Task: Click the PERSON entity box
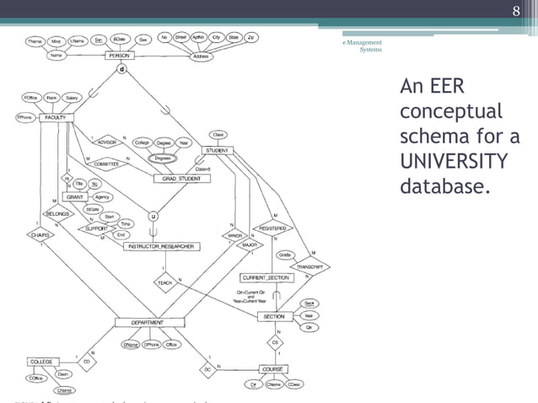[x=120, y=56]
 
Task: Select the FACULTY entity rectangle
[x=56, y=117]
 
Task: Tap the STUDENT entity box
[x=218, y=150]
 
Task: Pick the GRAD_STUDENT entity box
[x=175, y=179]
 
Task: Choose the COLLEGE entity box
[x=41, y=361]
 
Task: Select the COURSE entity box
[x=272, y=368]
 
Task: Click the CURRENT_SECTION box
[x=266, y=277]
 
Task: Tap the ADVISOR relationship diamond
[x=107, y=143]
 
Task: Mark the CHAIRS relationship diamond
[x=40, y=236]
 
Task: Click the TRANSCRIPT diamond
[x=309, y=266]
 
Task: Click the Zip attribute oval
[x=254, y=38]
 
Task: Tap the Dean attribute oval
[x=62, y=373]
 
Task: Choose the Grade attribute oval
[x=285, y=254]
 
